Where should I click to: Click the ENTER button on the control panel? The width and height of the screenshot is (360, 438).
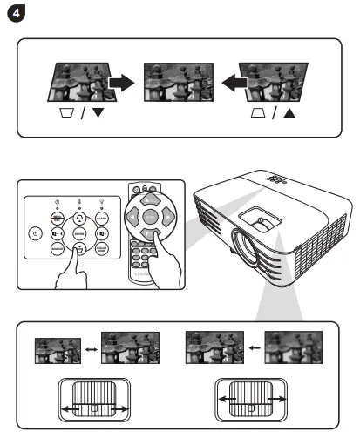(79, 233)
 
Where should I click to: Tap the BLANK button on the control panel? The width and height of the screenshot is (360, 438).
(100, 215)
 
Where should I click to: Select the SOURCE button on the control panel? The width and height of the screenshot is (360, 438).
(56, 249)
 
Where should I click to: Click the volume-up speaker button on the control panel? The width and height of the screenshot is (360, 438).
(101, 232)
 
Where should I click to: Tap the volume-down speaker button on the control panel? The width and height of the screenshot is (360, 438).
(57, 232)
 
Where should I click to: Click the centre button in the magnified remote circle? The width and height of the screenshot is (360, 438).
(150, 214)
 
